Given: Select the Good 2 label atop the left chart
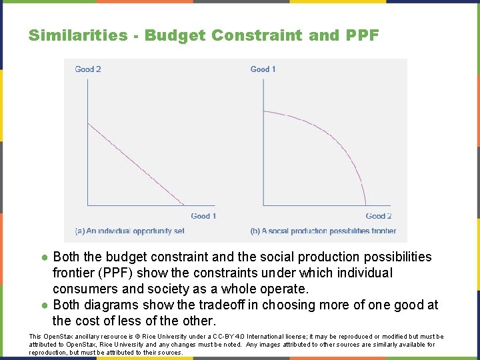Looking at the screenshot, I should click(88, 69).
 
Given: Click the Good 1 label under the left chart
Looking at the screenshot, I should click(203, 216).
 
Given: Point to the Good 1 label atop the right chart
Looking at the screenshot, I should click(263, 69).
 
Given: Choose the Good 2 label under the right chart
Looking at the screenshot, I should click(379, 216).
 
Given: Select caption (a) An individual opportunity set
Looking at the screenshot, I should click(129, 231).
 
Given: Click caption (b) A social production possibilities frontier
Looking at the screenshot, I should click(323, 231).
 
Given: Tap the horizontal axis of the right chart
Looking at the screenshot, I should click(327, 205).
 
